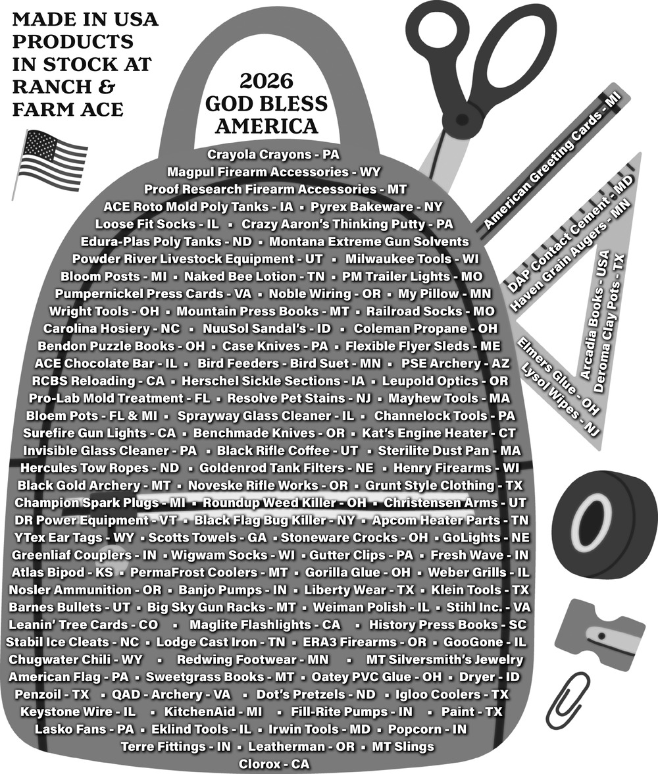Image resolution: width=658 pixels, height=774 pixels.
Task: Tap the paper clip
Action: pos(571,694)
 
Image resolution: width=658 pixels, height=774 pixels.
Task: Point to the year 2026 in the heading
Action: pos(266,81)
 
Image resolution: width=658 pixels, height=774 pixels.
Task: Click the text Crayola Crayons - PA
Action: pos(274,155)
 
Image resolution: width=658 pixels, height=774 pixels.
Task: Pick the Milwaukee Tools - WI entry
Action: pos(412,259)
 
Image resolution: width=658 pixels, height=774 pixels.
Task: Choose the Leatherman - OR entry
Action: pos(301,746)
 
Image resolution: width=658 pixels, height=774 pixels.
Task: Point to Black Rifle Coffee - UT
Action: pos(288,451)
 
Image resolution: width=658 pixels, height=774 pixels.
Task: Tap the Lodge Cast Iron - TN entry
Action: pos(220,642)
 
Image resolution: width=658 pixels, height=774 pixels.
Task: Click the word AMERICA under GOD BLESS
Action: pos(266,126)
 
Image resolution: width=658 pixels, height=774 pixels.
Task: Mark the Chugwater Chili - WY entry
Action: pos(76,659)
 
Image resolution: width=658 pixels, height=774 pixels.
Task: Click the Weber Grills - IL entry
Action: pos(478,573)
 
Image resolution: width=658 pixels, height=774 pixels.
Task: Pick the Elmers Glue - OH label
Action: pos(558,376)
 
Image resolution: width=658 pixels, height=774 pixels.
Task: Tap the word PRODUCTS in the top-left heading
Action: pos(72,41)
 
